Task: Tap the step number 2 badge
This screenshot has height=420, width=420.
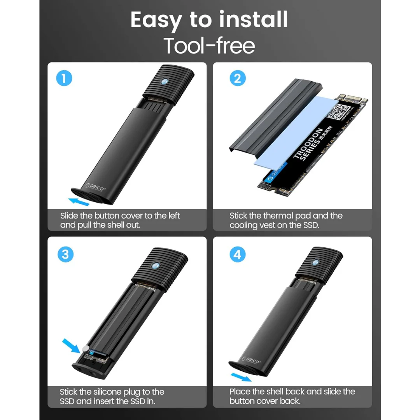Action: tap(238, 79)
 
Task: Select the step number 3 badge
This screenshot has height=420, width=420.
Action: tap(65, 254)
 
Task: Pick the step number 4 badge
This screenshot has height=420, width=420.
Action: tap(238, 255)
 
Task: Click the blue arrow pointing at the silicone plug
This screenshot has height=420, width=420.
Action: tap(72, 345)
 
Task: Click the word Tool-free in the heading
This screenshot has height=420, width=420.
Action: tap(209, 45)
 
